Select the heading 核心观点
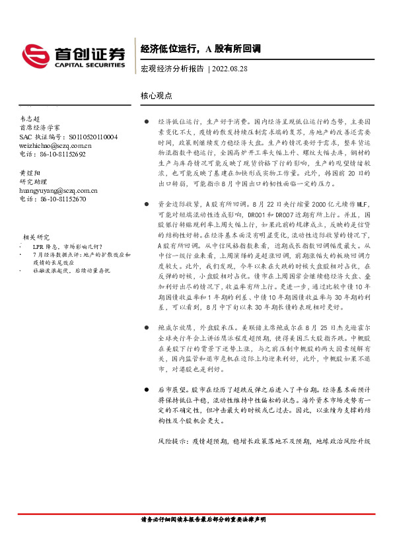pyautogui.click(x=157, y=95)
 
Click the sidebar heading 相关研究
pyautogui.click(x=36, y=236)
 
